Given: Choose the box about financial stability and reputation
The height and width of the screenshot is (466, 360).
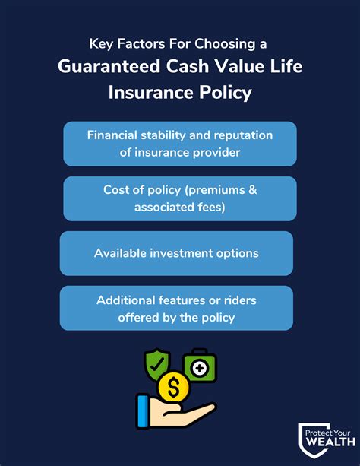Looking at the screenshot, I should tap(180, 144).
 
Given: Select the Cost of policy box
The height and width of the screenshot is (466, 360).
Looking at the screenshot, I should tap(180, 198).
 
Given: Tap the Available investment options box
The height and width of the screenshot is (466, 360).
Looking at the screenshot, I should tap(177, 253).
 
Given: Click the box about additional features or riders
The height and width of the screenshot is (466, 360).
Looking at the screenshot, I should tap(177, 308).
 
